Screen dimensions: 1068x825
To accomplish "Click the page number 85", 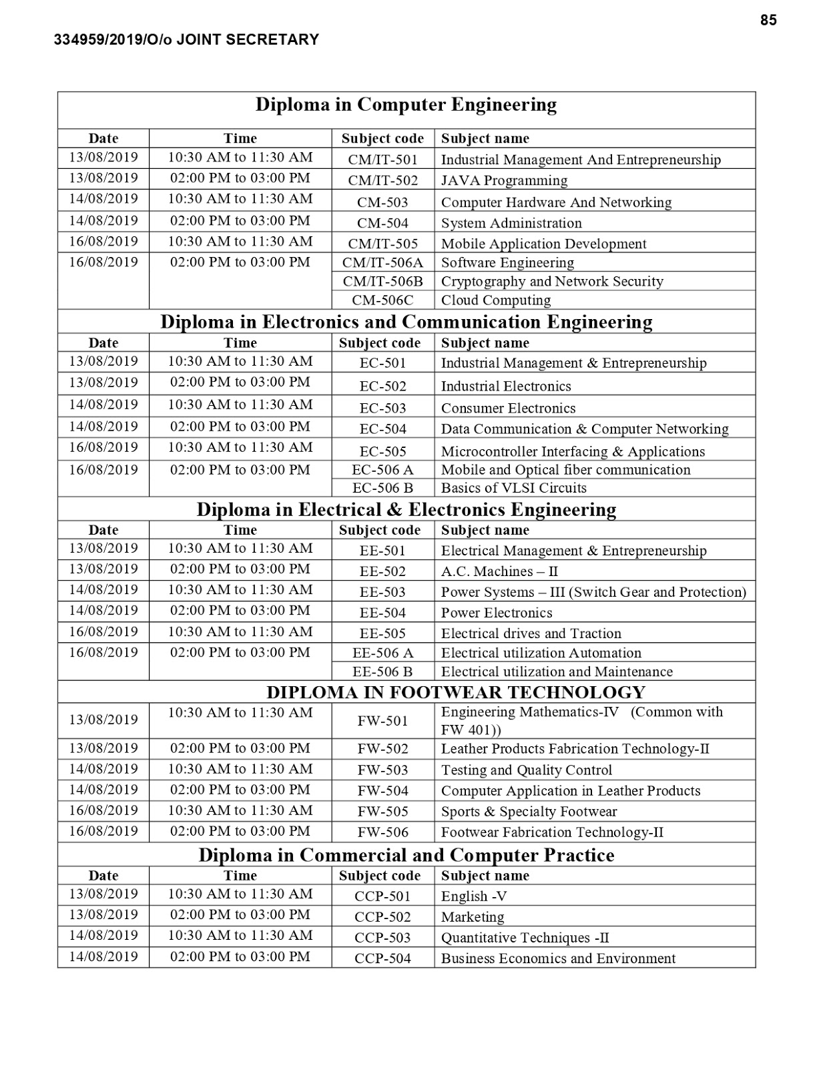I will point(768,21).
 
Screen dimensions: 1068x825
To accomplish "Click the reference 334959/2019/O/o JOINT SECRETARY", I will point(186,40).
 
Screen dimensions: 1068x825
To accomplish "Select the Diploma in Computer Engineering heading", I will point(406,105).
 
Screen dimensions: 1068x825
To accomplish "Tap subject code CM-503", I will point(382,202).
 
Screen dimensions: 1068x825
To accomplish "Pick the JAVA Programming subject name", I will point(504,181).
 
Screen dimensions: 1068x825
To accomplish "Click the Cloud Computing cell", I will point(496,300).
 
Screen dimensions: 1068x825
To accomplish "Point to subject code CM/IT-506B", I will point(382,282).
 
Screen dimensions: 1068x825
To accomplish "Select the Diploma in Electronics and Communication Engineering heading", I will point(406,322).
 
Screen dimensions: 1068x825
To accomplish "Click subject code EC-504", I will point(382,429).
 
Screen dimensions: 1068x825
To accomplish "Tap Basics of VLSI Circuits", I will point(513,488).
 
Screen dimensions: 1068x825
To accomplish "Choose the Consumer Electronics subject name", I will point(508,409).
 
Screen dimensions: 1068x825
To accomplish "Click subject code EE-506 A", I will point(382,653).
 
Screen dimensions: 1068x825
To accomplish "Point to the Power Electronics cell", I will point(497,613).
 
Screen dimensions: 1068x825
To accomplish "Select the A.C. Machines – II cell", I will point(499,572).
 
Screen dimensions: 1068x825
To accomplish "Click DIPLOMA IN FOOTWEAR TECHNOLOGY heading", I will point(456,692).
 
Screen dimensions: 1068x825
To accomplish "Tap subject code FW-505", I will point(382,812).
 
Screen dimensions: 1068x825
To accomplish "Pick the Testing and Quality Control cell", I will point(526,770).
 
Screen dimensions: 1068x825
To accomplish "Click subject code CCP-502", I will point(382,917).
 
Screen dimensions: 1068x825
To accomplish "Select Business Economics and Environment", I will point(558,959).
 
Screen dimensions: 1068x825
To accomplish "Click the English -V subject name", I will point(474,896).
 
